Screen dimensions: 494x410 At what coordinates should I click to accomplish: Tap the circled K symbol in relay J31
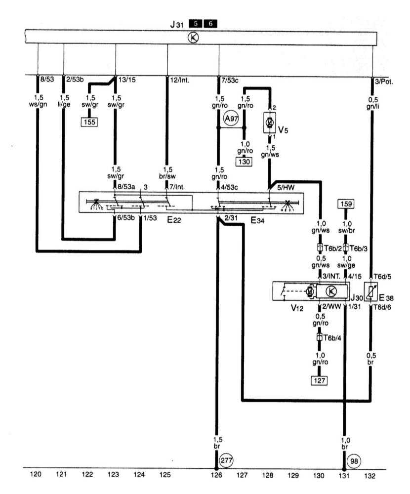(196, 38)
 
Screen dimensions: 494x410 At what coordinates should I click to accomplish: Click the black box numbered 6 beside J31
(210, 23)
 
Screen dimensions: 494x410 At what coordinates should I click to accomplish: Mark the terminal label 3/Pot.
(384, 82)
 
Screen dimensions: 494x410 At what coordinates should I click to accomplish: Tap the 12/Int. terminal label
(180, 80)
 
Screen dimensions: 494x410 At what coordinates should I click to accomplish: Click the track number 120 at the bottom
(36, 475)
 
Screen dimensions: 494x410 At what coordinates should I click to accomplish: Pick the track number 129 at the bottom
(293, 475)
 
